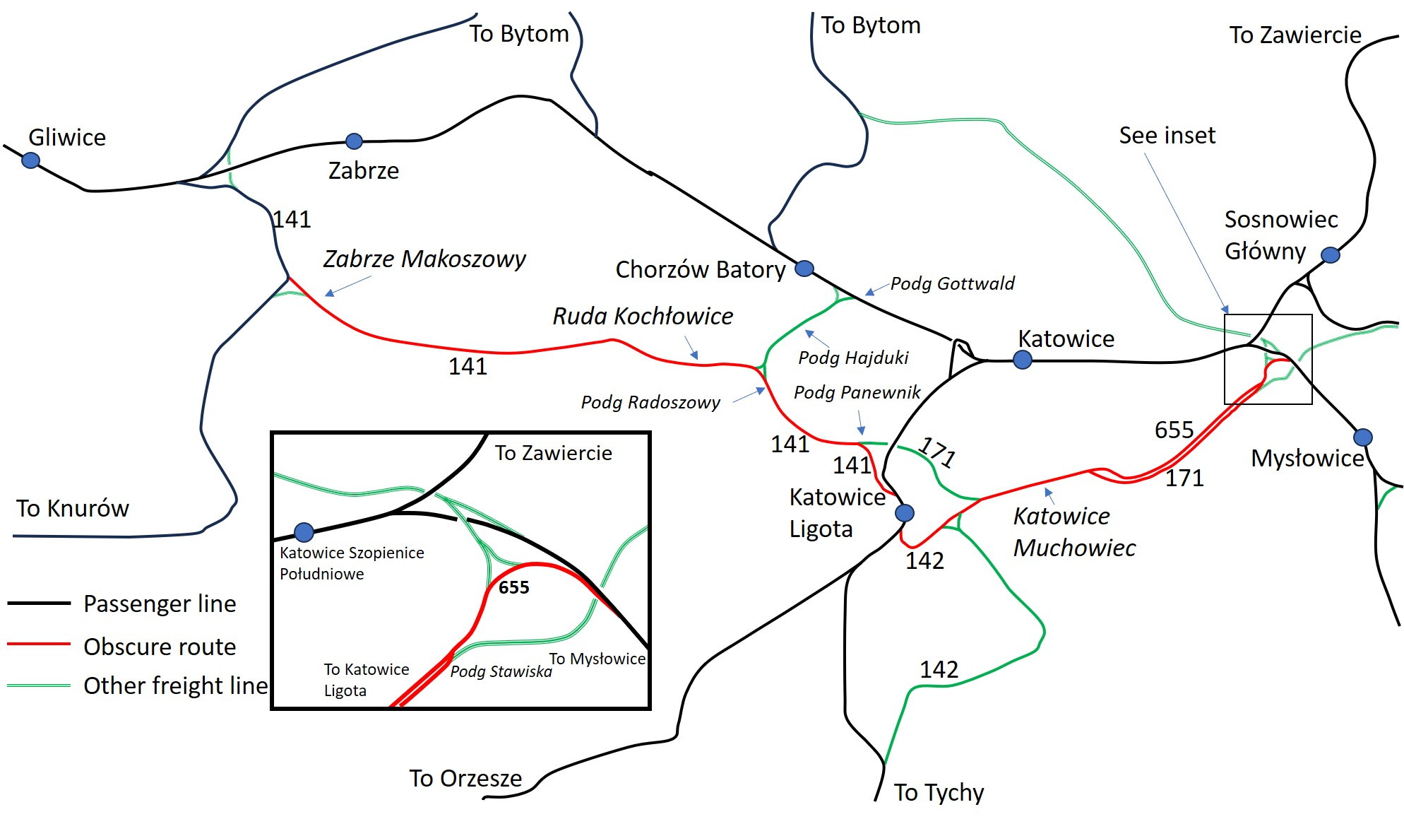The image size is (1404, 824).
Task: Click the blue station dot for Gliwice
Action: (30, 160)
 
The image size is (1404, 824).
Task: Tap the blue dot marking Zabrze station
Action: (354, 141)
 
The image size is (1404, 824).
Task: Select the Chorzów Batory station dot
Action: (804, 269)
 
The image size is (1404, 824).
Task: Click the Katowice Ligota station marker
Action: (905, 513)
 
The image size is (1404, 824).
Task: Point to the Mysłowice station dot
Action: (1363, 437)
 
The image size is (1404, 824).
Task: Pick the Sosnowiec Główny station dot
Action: (1331, 255)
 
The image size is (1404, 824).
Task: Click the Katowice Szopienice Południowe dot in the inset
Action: (304, 532)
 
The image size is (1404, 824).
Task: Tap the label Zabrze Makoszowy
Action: (424, 259)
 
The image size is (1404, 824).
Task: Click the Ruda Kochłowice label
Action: (643, 316)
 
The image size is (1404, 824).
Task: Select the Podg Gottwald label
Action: (952, 283)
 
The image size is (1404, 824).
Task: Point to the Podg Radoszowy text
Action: (650, 402)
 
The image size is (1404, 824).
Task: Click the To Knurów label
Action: (73, 508)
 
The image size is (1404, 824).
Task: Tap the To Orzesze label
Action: (466, 778)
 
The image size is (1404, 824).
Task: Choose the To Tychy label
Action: (939, 793)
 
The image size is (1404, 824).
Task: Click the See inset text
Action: (1167, 135)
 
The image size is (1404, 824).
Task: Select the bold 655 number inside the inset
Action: (513, 587)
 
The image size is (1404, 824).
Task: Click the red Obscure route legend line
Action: (39, 644)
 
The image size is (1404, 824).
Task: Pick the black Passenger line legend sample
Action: (39, 603)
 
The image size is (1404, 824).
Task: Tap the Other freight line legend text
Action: (176, 685)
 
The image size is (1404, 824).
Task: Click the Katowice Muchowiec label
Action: (1075, 531)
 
